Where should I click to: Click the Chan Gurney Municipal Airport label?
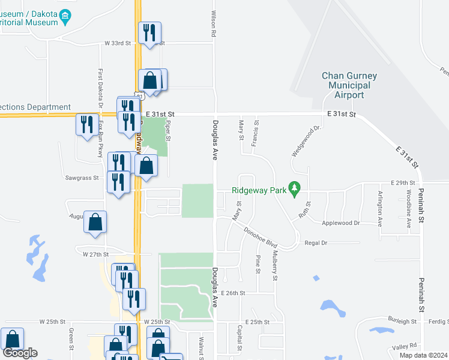pyautogui.click(x=349, y=85)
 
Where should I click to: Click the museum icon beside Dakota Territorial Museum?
pyautogui.click(x=66, y=16)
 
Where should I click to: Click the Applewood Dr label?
pyautogui.click(x=340, y=223)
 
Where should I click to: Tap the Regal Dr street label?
pyautogui.click(x=316, y=242)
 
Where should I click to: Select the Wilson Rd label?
pyautogui.click(x=213, y=24)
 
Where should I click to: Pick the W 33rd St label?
pyautogui.click(x=118, y=43)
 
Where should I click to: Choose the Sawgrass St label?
pyautogui.click(x=82, y=178)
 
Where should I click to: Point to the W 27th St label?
pyautogui.click(x=95, y=254)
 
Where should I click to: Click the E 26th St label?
pyautogui.click(x=234, y=293)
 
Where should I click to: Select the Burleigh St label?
pyautogui.click(x=402, y=322)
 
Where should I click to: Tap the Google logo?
pyautogui.click(x=20, y=353)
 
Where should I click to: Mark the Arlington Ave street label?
pyautogui.click(x=379, y=208)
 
